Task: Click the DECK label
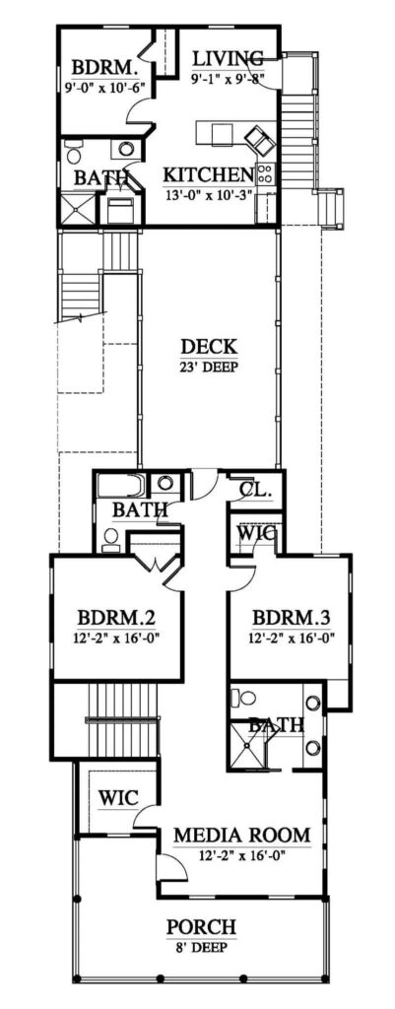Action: (208, 348)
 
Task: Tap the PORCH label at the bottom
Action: (201, 927)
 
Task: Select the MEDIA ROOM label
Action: (242, 836)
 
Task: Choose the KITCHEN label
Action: (209, 174)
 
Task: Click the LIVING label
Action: (228, 58)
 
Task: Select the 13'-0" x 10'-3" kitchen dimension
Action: (209, 194)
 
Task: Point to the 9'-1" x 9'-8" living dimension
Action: (228, 79)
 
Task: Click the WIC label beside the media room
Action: (117, 796)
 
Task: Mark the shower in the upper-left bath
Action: (79, 209)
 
